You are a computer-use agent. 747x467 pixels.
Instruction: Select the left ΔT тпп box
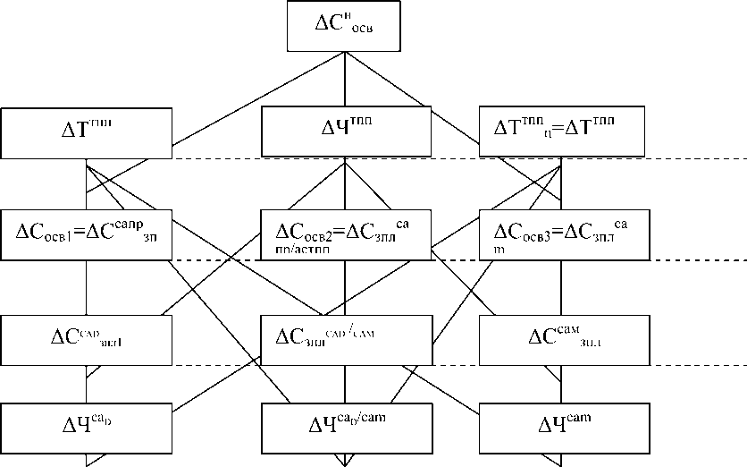pos(86,132)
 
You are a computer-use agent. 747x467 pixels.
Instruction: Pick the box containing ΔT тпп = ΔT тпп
pos(560,132)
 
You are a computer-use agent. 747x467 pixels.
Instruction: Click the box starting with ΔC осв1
pos(86,233)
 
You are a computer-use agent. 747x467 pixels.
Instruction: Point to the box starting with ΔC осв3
pos(560,233)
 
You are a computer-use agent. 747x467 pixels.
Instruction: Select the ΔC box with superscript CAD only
pos(86,338)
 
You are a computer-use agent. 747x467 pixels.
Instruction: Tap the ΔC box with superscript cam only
pos(560,338)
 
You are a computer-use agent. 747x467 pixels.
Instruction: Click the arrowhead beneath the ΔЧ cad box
pos(87,460)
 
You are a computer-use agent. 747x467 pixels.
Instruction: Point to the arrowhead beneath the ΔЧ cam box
pos(561,460)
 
